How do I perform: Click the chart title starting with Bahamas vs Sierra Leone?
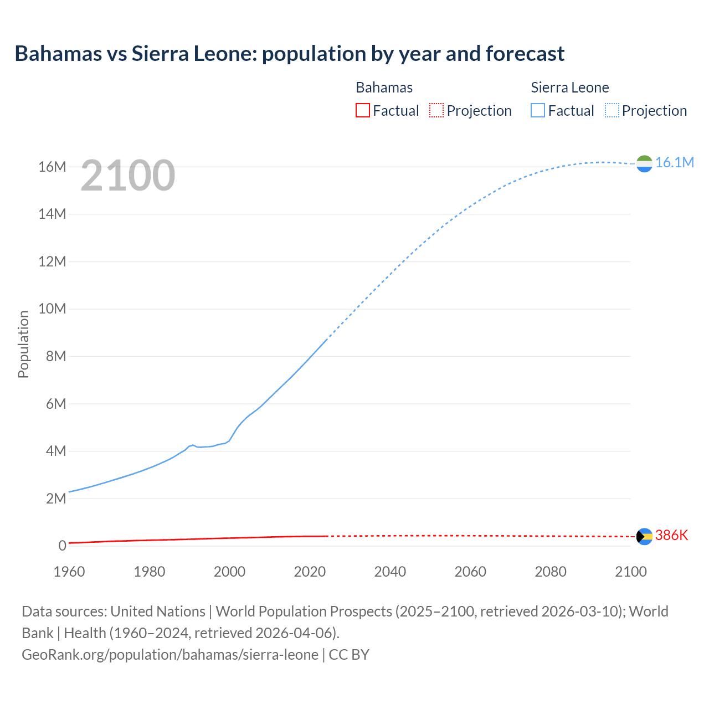point(289,54)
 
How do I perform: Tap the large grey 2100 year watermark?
point(128,176)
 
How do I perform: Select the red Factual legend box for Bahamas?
point(362,110)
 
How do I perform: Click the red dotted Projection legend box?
point(436,110)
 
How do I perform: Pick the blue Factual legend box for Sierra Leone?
point(538,110)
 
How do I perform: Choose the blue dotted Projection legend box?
point(612,110)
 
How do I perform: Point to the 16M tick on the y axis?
point(52,167)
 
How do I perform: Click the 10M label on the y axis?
point(52,309)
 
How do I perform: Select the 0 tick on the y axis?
point(62,546)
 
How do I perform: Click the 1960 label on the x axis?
point(69,572)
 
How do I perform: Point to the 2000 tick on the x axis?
point(229,572)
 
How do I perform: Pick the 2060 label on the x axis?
point(470,572)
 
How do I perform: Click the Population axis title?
point(23,344)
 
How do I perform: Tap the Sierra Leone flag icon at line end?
point(644,163)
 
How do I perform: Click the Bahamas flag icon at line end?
point(644,536)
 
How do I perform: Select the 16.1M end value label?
point(674,162)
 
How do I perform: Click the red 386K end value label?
point(671,535)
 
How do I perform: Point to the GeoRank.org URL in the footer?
point(170,654)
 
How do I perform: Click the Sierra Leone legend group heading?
point(569,88)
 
